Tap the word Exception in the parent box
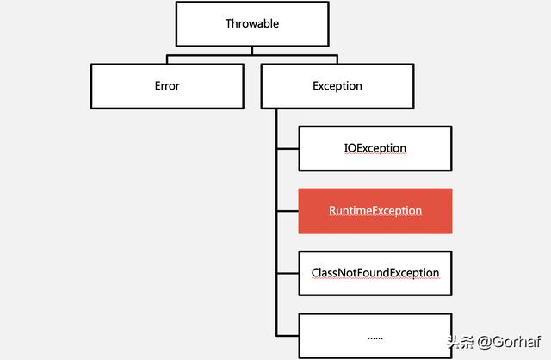337,86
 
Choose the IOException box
375,148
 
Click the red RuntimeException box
375,211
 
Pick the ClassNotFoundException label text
375,273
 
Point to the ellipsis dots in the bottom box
375,337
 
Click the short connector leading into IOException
288,148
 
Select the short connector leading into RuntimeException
288,211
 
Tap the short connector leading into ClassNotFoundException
288,273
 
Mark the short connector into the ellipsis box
288,336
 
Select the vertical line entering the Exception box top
338,60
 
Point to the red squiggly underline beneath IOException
375,155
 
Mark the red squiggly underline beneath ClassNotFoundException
375,280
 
